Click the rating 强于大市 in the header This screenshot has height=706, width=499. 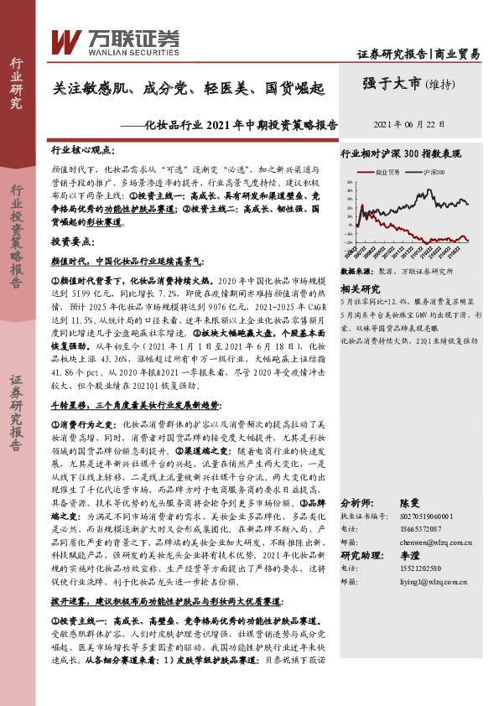point(391,83)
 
